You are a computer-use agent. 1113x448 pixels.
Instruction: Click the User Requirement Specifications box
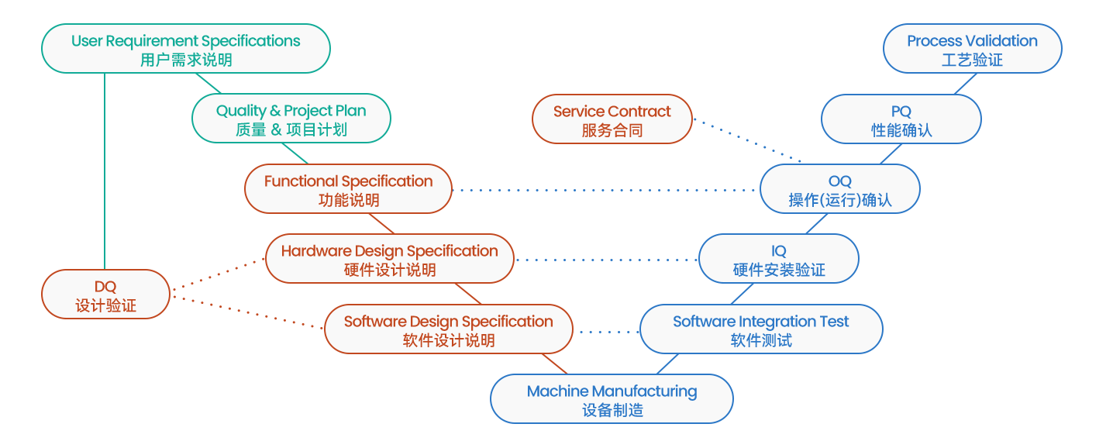[x=186, y=49]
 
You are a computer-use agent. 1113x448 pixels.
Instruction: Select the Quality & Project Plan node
[x=291, y=119]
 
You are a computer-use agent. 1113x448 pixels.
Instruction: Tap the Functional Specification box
[x=348, y=189]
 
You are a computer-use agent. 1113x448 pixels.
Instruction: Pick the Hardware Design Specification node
[x=390, y=259]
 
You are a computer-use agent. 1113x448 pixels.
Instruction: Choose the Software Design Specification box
[x=449, y=329]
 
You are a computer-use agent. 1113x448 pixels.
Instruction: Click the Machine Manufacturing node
[x=612, y=399]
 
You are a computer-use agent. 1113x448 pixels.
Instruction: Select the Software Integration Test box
[x=761, y=329]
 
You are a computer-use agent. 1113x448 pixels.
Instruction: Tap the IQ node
[x=779, y=259]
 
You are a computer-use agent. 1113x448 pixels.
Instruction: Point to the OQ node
[x=839, y=189]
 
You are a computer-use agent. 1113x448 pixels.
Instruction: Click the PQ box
[x=901, y=119]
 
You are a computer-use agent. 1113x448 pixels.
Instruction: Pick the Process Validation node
[x=973, y=49]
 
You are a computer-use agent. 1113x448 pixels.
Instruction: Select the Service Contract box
[x=612, y=119]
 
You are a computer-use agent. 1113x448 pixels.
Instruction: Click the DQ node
[x=106, y=294]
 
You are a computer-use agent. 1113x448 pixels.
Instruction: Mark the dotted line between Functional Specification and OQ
[x=606, y=190]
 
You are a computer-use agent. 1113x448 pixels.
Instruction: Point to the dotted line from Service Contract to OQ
[x=747, y=140]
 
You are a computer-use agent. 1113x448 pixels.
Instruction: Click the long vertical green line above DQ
[x=105, y=171]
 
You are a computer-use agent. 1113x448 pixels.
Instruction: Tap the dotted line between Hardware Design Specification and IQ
[x=607, y=260]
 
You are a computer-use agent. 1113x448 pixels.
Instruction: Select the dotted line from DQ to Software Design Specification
[x=247, y=312]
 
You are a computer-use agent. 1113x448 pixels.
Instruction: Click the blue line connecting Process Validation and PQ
[x=966, y=84]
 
